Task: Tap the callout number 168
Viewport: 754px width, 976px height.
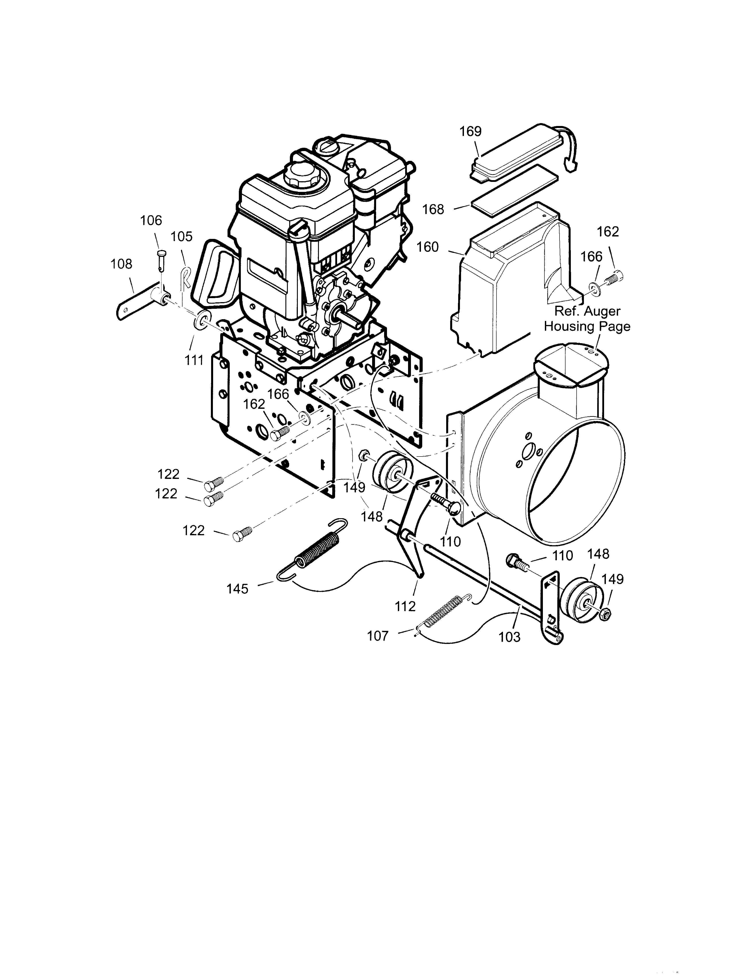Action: (433, 209)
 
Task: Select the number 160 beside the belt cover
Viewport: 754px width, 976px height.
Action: (428, 247)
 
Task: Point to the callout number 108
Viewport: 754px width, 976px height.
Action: (122, 264)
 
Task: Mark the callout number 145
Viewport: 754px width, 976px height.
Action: (237, 589)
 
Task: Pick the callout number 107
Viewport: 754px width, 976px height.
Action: (378, 636)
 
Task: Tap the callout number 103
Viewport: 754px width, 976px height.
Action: (510, 636)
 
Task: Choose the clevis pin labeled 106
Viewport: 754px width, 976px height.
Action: (161, 259)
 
